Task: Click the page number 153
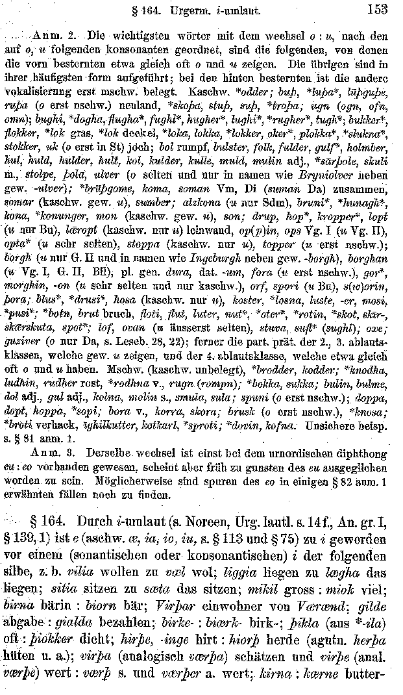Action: coord(376,9)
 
